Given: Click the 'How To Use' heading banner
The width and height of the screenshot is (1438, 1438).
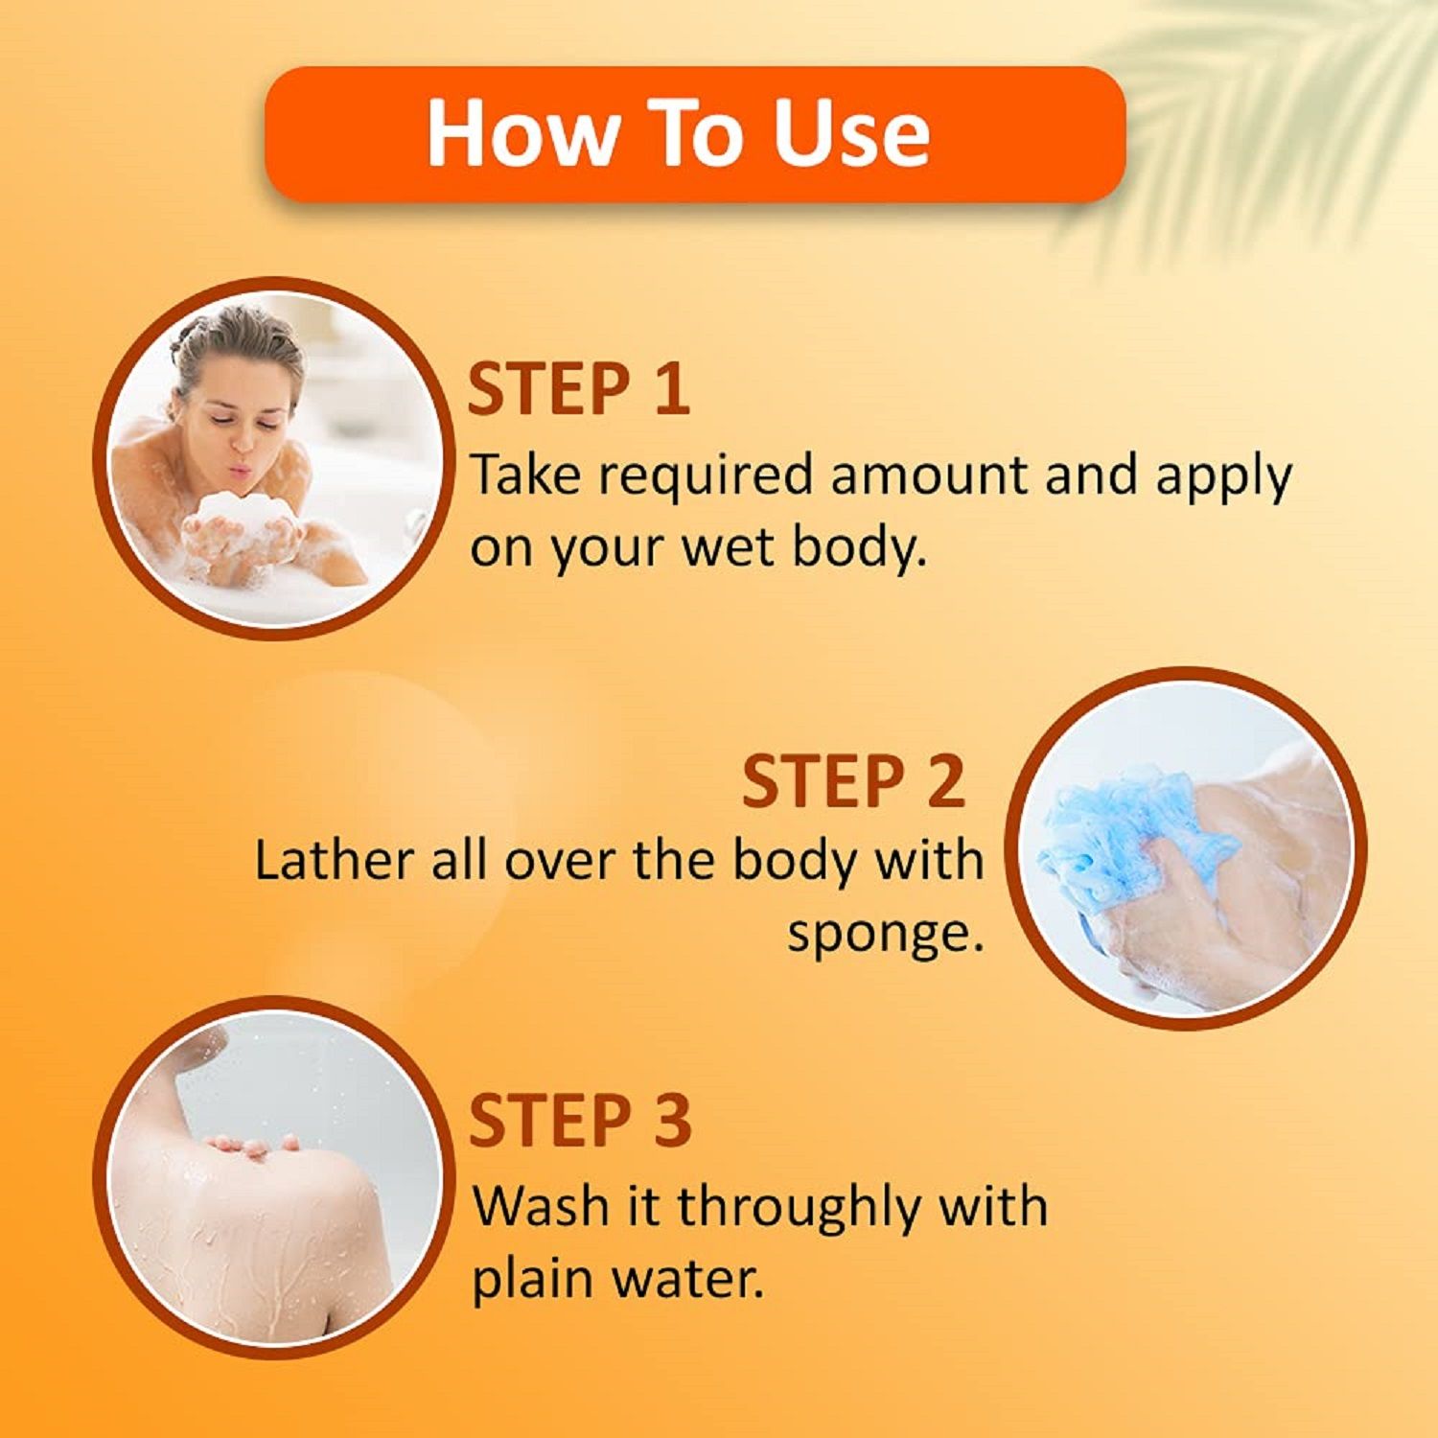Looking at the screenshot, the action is pyautogui.click(x=694, y=133).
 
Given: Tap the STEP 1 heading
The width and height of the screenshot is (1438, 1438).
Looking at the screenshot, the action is pyautogui.click(x=578, y=389).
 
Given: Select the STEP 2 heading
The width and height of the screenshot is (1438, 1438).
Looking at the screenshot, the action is pyautogui.click(x=853, y=781).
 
